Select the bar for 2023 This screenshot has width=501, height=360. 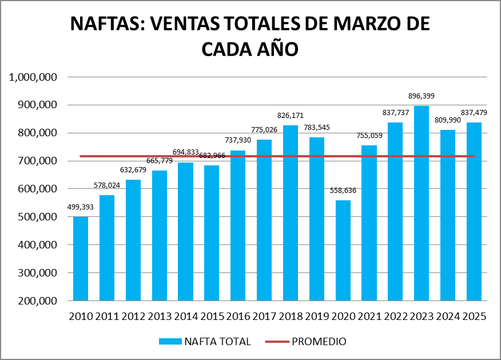pyautogui.click(x=422, y=203)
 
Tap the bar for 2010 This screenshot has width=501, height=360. pyautogui.click(x=81, y=259)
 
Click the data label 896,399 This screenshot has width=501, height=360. pyautogui.click(x=421, y=96)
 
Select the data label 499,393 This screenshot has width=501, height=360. pyautogui.click(x=81, y=207)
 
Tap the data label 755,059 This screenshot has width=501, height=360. pyautogui.click(x=369, y=135)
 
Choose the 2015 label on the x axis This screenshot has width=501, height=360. pyautogui.click(x=212, y=316)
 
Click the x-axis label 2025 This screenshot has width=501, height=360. pyautogui.click(x=474, y=316)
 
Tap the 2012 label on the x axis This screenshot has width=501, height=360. pyautogui.click(x=133, y=316)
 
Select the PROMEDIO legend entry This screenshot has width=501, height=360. pyautogui.click(x=319, y=342)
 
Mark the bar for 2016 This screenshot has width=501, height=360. pyautogui.click(x=238, y=226)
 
